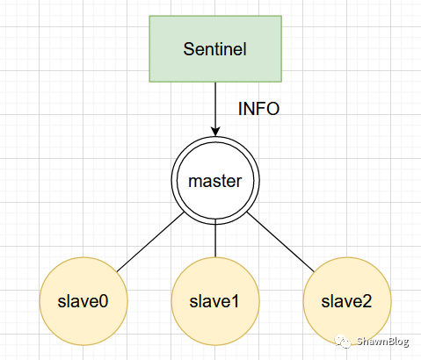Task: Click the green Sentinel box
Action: click(x=215, y=49)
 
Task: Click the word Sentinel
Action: click(x=215, y=49)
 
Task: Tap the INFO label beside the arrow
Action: click(x=258, y=109)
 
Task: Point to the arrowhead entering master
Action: click(x=215, y=132)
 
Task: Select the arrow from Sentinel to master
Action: click(x=215, y=110)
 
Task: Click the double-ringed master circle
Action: click(x=215, y=137)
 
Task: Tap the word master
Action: click(x=215, y=181)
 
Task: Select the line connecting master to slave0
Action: click(x=150, y=242)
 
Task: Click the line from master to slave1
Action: click(x=215, y=239)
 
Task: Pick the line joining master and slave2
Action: click(x=280, y=242)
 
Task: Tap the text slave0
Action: click(x=83, y=301)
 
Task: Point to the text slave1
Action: click(x=214, y=301)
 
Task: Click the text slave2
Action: click(x=346, y=301)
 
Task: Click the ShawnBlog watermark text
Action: click(x=382, y=342)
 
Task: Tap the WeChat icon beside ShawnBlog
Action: click(x=343, y=341)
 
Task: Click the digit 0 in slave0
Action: click(x=104, y=301)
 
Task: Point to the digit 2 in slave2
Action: click(x=367, y=301)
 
